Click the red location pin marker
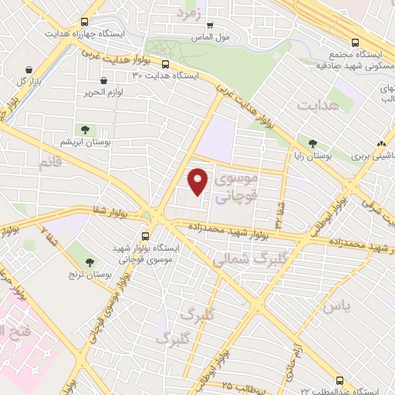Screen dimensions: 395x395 point(198,181)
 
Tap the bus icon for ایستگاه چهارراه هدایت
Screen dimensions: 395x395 point(84,24)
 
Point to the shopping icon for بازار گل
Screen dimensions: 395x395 point(29,69)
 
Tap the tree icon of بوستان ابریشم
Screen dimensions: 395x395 point(83,130)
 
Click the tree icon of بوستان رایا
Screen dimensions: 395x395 point(312,143)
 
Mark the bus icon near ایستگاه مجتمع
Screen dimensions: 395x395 point(355,43)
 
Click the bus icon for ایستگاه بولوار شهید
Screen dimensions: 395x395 point(145,236)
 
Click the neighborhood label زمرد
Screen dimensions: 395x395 point(188,13)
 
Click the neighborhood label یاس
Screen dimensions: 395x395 point(337,307)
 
